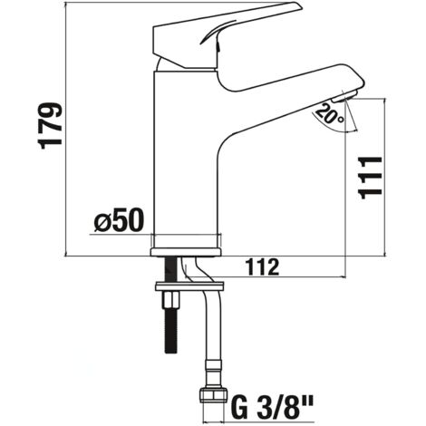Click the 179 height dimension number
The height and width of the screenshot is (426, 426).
[x=52, y=126]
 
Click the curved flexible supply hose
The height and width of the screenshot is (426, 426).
[x=214, y=326]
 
